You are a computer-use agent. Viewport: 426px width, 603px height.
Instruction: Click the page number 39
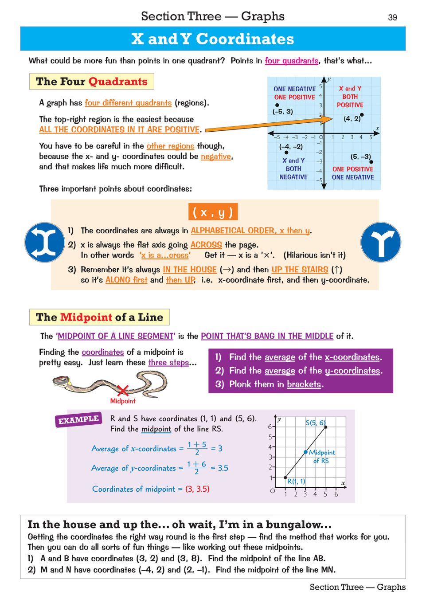coord(392,17)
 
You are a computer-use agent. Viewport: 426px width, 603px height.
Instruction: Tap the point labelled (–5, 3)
coord(277,105)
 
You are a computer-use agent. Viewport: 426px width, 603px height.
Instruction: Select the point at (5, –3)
coord(371,162)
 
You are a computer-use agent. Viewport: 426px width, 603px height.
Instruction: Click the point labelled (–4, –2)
coord(286,153)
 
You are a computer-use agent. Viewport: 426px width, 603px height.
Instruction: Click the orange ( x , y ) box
coord(213,212)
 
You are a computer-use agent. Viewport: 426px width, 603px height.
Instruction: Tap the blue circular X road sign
coord(44,242)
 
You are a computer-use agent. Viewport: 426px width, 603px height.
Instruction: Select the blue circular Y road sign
coord(381,242)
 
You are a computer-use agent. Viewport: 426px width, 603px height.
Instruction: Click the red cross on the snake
coord(123,390)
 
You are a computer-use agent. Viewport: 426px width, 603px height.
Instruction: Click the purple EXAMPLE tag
coord(78,419)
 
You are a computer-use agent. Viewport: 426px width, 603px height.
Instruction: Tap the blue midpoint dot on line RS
coord(305,452)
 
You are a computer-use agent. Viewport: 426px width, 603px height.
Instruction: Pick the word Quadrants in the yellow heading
coord(117,82)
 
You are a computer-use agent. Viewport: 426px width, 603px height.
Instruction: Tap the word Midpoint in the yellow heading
coord(86,317)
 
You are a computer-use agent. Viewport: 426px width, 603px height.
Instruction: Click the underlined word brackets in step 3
coord(304,384)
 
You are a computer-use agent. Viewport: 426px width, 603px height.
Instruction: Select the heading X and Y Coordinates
coord(213,39)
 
